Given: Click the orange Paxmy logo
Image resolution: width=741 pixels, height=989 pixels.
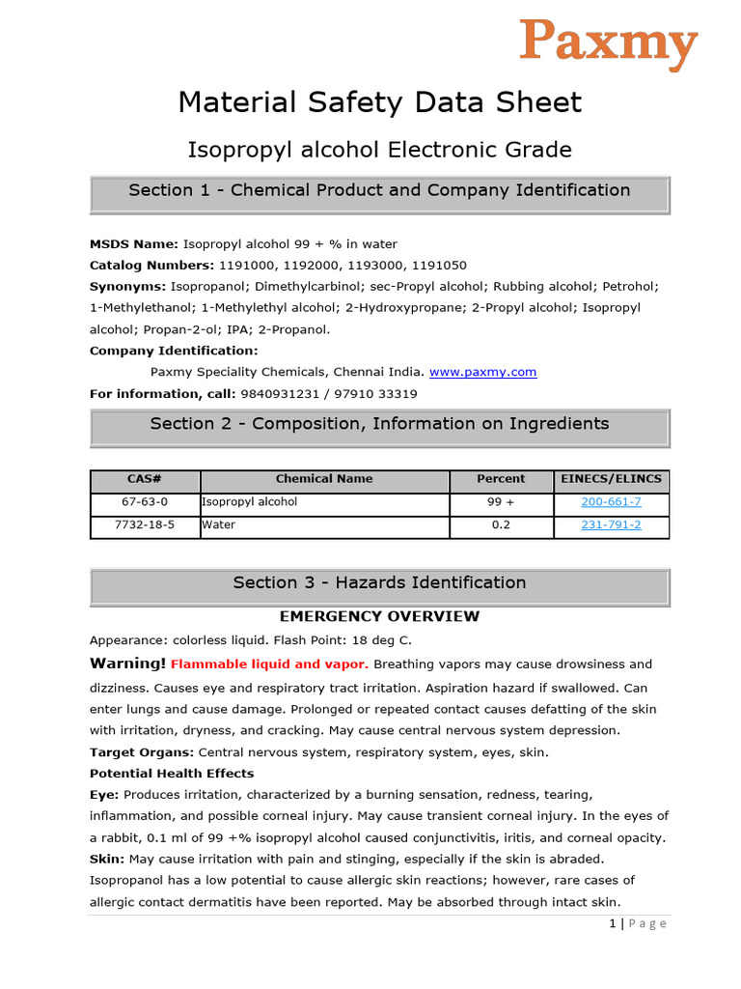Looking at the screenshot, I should (609, 43).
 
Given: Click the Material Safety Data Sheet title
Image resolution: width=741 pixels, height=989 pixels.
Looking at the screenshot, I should (379, 102).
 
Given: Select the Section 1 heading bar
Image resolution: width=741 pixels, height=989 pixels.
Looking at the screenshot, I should (379, 191).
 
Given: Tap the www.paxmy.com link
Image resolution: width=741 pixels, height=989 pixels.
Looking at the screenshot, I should (482, 372).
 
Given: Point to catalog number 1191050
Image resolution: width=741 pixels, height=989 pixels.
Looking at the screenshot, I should (439, 266).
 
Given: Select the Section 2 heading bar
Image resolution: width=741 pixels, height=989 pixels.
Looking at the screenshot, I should (379, 424).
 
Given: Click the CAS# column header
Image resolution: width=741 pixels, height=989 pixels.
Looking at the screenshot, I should (145, 479).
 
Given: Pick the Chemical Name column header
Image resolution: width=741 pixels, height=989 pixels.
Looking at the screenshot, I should (324, 479).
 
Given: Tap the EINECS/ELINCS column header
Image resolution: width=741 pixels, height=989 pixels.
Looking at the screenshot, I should (611, 479).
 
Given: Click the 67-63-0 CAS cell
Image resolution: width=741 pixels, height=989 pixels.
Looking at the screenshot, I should (145, 502).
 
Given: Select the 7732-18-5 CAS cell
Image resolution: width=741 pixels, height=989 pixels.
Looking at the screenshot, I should (145, 525).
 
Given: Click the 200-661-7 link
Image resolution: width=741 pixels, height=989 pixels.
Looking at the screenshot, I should (611, 502).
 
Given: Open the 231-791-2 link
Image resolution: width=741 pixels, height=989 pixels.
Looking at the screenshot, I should (611, 525).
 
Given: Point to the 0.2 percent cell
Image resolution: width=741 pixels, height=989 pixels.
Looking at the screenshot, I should (501, 525).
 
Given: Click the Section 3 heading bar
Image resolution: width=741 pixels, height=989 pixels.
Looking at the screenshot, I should (379, 583).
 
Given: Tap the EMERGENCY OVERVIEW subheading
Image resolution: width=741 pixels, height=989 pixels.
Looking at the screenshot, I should (379, 616).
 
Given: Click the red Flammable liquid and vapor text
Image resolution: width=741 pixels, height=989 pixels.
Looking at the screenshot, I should (269, 664).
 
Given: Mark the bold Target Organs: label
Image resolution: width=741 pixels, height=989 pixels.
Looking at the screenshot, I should (141, 752).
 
